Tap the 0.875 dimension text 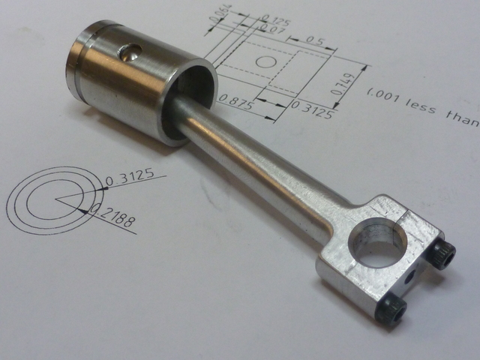click(236, 102)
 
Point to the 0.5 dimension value click(313, 40)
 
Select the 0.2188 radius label click(113, 217)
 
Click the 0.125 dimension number click(275, 21)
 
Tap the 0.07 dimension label click(272, 29)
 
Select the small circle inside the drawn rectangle click(266, 61)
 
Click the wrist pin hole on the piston click(130, 52)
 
